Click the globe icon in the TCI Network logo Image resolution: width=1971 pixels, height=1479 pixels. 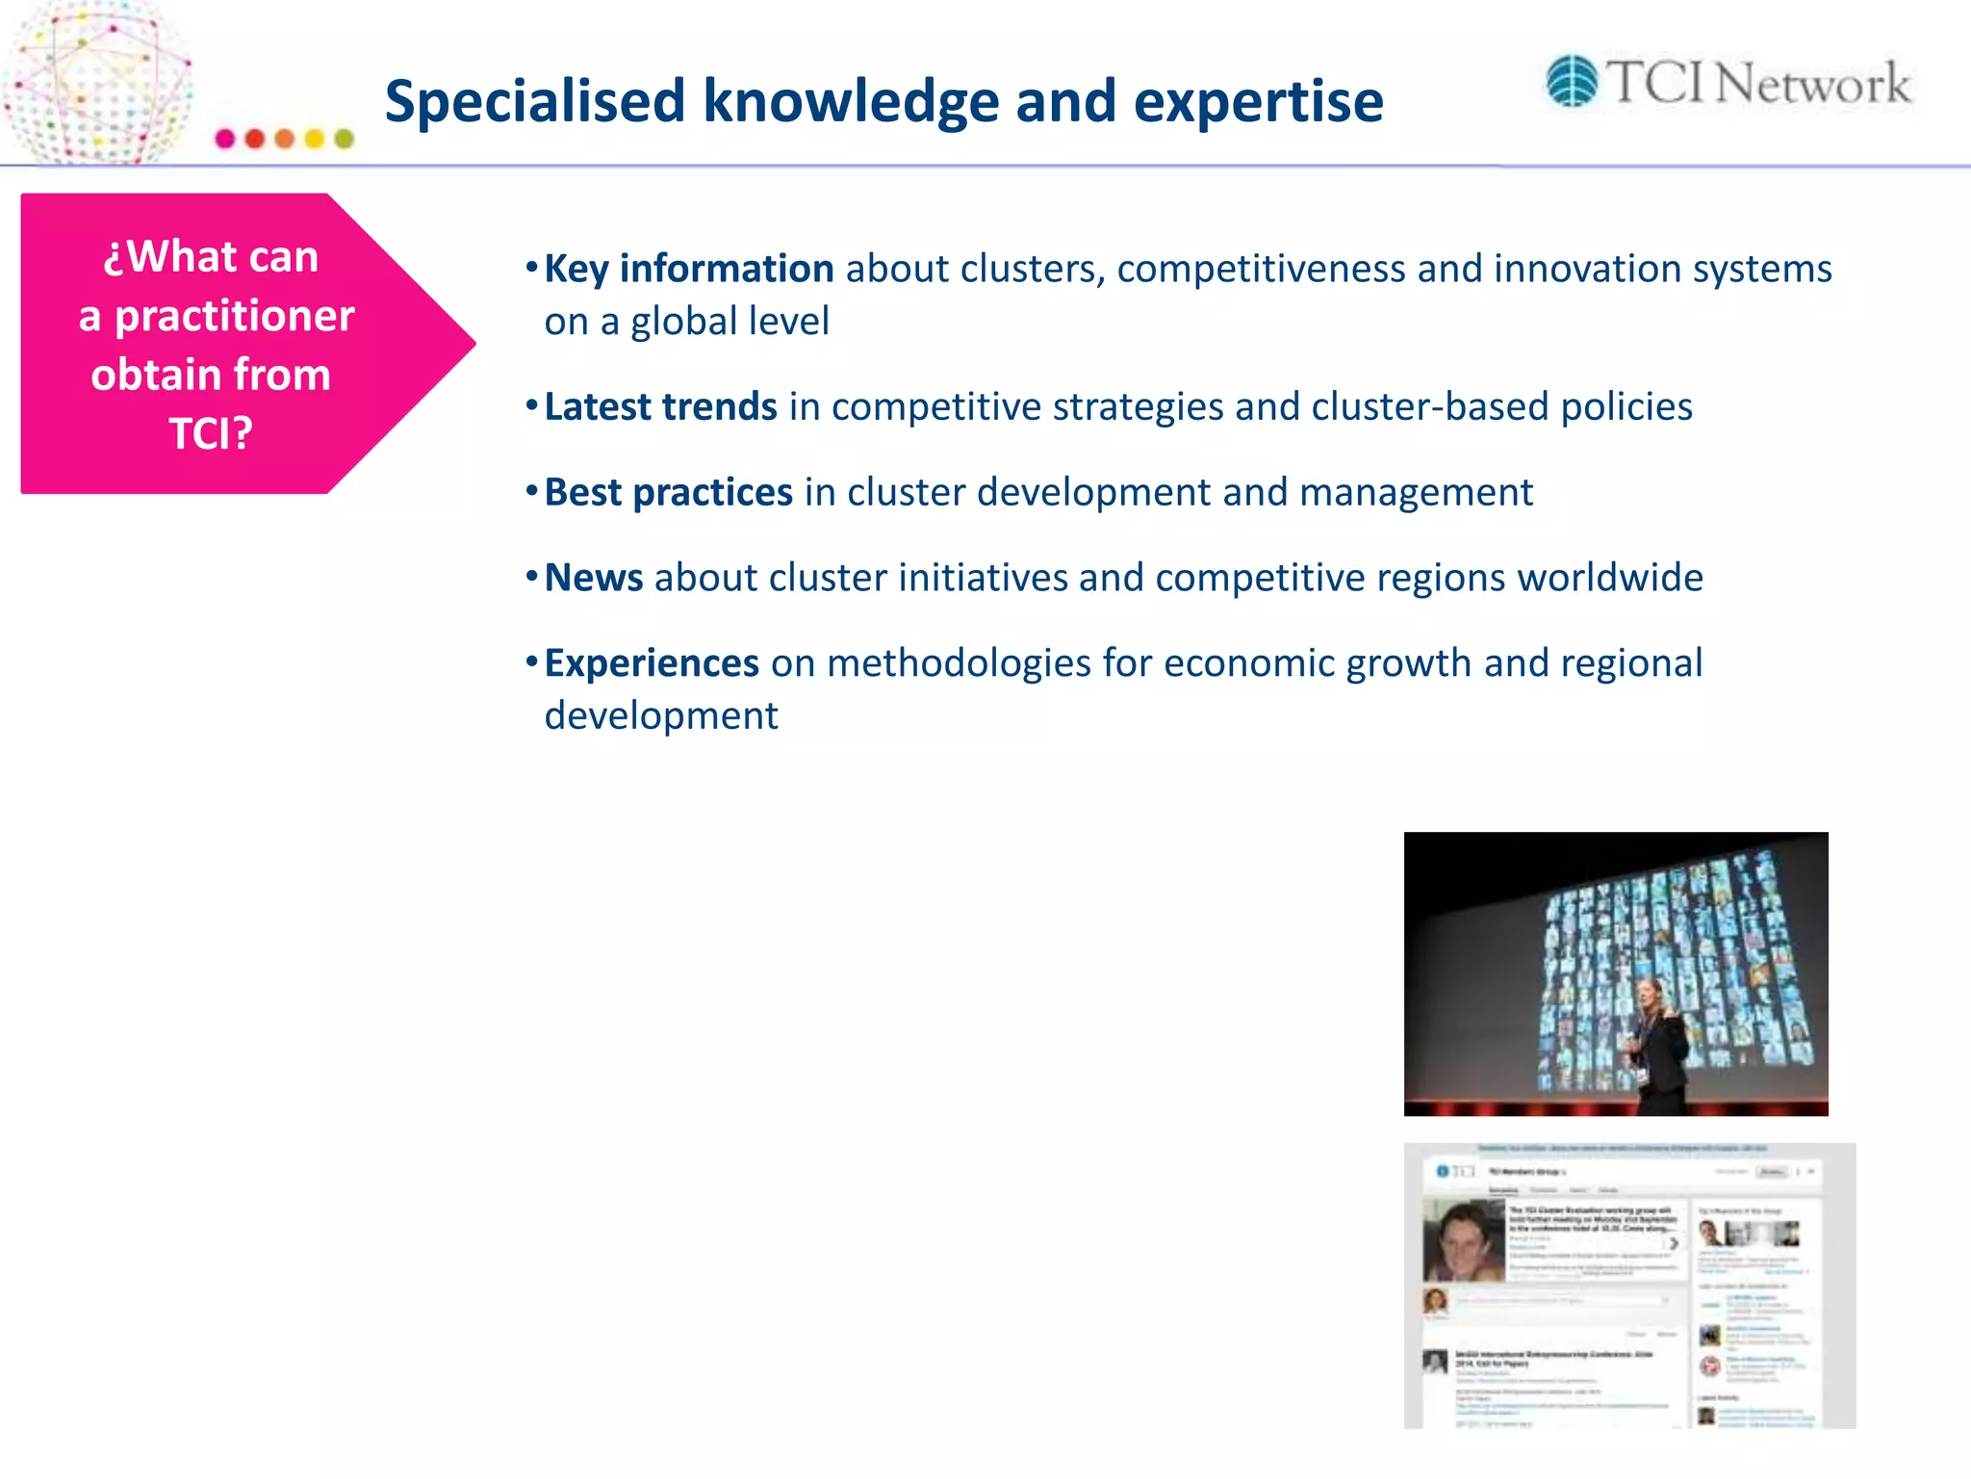click(x=1572, y=81)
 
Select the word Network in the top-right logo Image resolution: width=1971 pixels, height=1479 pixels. click(x=1813, y=84)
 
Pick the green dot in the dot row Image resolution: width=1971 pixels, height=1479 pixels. click(x=344, y=139)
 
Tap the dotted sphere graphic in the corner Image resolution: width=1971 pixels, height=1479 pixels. click(x=96, y=82)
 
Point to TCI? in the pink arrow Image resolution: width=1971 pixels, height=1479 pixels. click(x=211, y=433)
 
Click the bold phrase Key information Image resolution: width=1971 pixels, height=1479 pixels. click(x=688, y=269)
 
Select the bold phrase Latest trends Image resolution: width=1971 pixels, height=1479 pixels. click(x=660, y=406)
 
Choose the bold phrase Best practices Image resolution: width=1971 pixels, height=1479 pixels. click(x=668, y=492)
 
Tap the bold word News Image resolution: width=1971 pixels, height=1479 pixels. click(x=593, y=578)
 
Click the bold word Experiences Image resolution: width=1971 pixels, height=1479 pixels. click(x=652, y=663)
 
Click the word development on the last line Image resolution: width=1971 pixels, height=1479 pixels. click(x=660, y=715)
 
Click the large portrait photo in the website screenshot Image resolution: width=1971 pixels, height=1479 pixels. click(x=1463, y=1240)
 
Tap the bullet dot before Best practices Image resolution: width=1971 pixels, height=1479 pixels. click(x=531, y=491)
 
